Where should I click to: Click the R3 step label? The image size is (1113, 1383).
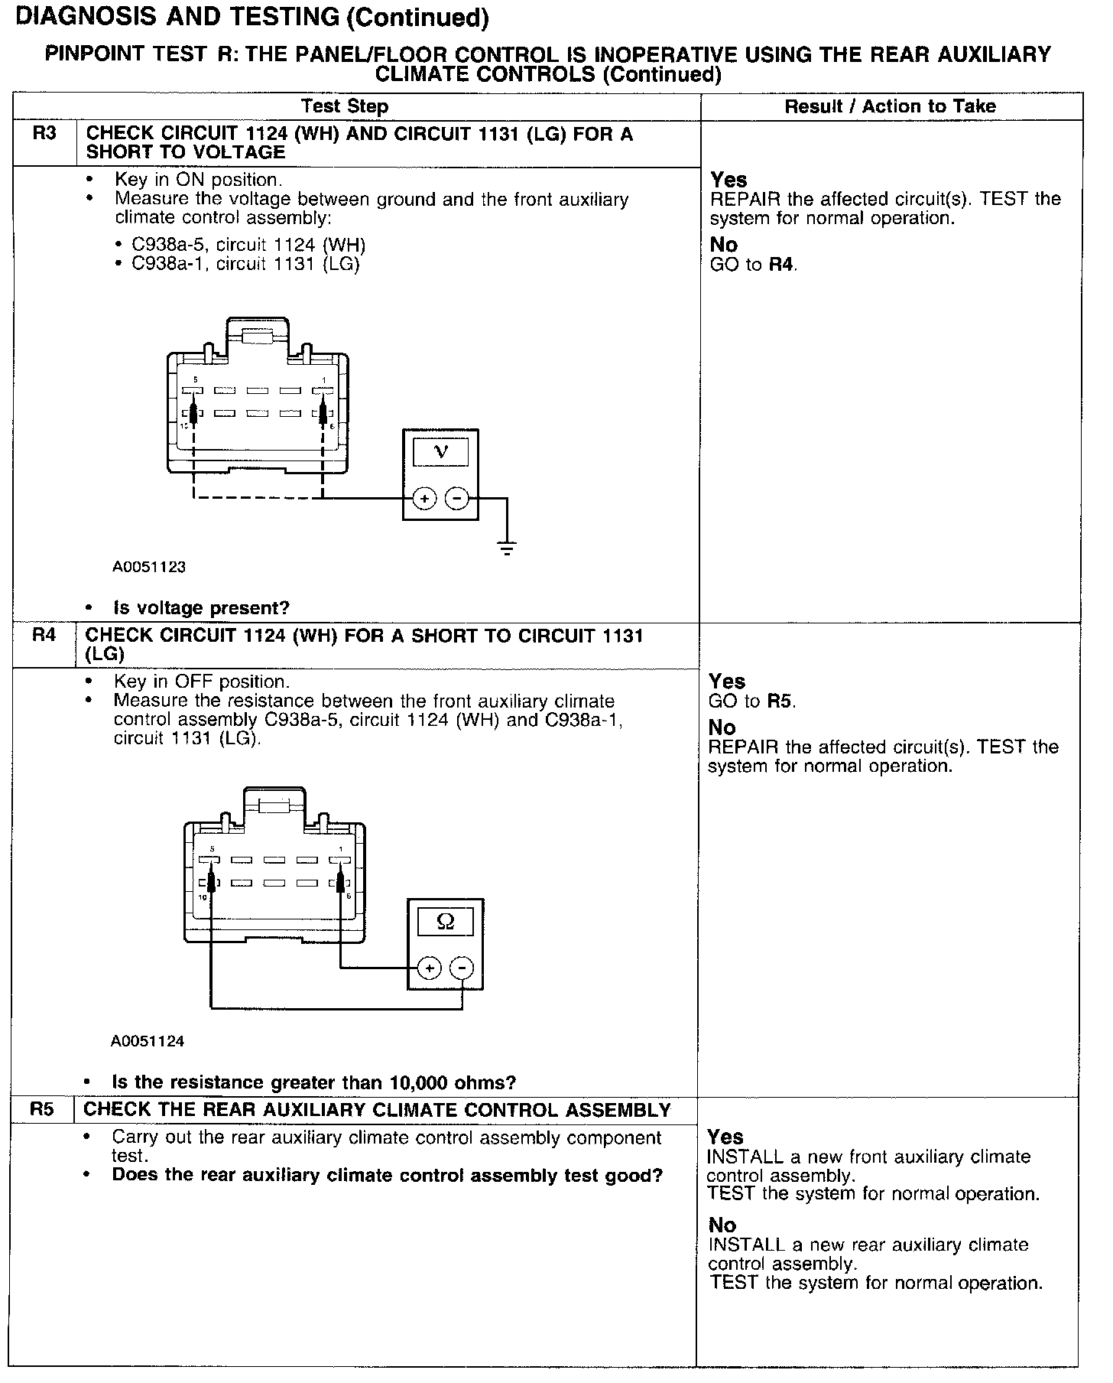coord(44,134)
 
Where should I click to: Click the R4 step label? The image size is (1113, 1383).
coord(44,635)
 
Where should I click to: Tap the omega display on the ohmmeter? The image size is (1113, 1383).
coord(445,922)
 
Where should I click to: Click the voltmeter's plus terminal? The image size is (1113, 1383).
coord(424,499)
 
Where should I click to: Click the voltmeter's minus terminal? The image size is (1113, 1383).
coord(457,499)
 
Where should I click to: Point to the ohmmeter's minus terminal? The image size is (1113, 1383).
coord(462,968)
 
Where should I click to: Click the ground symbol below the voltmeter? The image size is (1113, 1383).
coord(506,547)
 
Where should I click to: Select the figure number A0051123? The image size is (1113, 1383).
coord(149,567)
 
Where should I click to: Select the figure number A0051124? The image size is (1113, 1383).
coord(148,1041)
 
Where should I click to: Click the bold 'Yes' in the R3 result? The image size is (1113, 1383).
coord(728,180)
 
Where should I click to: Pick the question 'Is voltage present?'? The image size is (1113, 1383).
coord(201,608)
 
